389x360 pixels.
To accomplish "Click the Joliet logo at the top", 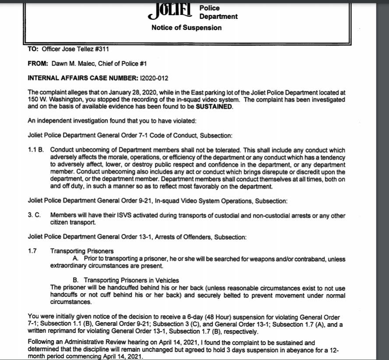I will [171, 11].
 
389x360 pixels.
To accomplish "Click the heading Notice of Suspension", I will [186, 28].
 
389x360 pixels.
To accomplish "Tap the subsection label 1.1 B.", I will [35, 150].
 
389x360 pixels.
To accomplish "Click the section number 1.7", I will [32, 251].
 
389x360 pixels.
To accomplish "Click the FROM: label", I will [38, 64].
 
